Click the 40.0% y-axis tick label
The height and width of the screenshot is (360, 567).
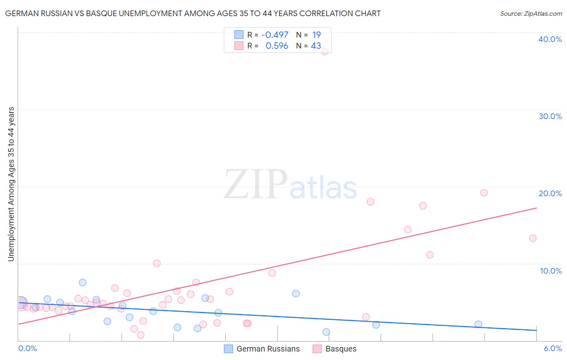(x=550, y=39)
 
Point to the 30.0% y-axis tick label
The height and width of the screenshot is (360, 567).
(x=550, y=116)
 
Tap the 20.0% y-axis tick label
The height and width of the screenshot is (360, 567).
(x=550, y=193)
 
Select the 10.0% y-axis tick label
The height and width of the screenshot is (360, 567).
(x=551, y=271)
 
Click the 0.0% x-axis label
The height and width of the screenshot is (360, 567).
(x=27, y=348)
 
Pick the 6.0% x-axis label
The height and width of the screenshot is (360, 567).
(x=552, y=348)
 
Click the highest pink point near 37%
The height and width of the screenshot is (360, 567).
(x=324, y=51)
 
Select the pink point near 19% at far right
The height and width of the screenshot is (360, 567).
(x=484, y=193)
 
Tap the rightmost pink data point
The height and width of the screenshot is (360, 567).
(x=533, y=238)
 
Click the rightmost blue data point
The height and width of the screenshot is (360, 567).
(x=478, y=324)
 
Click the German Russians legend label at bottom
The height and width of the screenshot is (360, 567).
(x=268, y=349)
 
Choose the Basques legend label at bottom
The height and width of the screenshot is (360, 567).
(x=341, y=349)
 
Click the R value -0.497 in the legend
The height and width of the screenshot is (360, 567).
(x=275, y=35)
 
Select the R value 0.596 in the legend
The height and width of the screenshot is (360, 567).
(x=277, y=46)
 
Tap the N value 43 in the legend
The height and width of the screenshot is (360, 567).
(x=316, y=46)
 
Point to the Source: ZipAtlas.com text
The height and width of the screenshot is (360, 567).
(x=531, y=14)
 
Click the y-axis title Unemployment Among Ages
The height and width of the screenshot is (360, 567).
(x=11, y=184)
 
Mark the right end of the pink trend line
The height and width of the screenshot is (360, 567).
(x=537, y=208)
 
